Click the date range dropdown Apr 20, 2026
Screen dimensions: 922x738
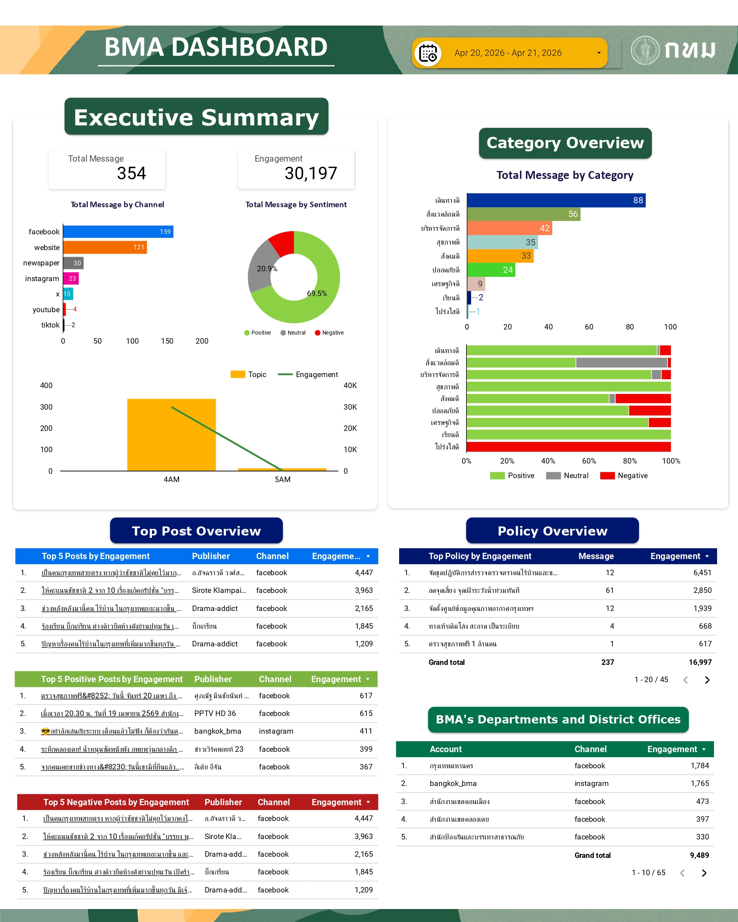coord(509,53)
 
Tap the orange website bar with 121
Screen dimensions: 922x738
coord(105,247)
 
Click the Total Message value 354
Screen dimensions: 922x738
coord(131,173)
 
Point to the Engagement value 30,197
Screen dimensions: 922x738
coord(311,173)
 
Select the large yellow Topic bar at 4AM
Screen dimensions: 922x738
coord(171,434)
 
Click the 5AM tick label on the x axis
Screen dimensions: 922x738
coord(283,479)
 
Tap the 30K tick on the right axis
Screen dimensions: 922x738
coord(350,407)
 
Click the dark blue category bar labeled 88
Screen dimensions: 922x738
coord(556,201)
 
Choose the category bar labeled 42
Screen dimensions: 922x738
coord(509,228)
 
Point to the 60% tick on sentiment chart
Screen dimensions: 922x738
coord(589,461)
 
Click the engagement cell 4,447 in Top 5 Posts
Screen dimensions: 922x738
coord(363,572)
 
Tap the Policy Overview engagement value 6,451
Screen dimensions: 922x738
coord(702,572)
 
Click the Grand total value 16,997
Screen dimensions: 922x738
coord(700,662)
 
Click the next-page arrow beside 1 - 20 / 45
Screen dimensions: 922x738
coord(707,680)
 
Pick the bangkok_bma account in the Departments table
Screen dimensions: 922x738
coord(453,784)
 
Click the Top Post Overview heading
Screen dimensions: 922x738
coord(196,531)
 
